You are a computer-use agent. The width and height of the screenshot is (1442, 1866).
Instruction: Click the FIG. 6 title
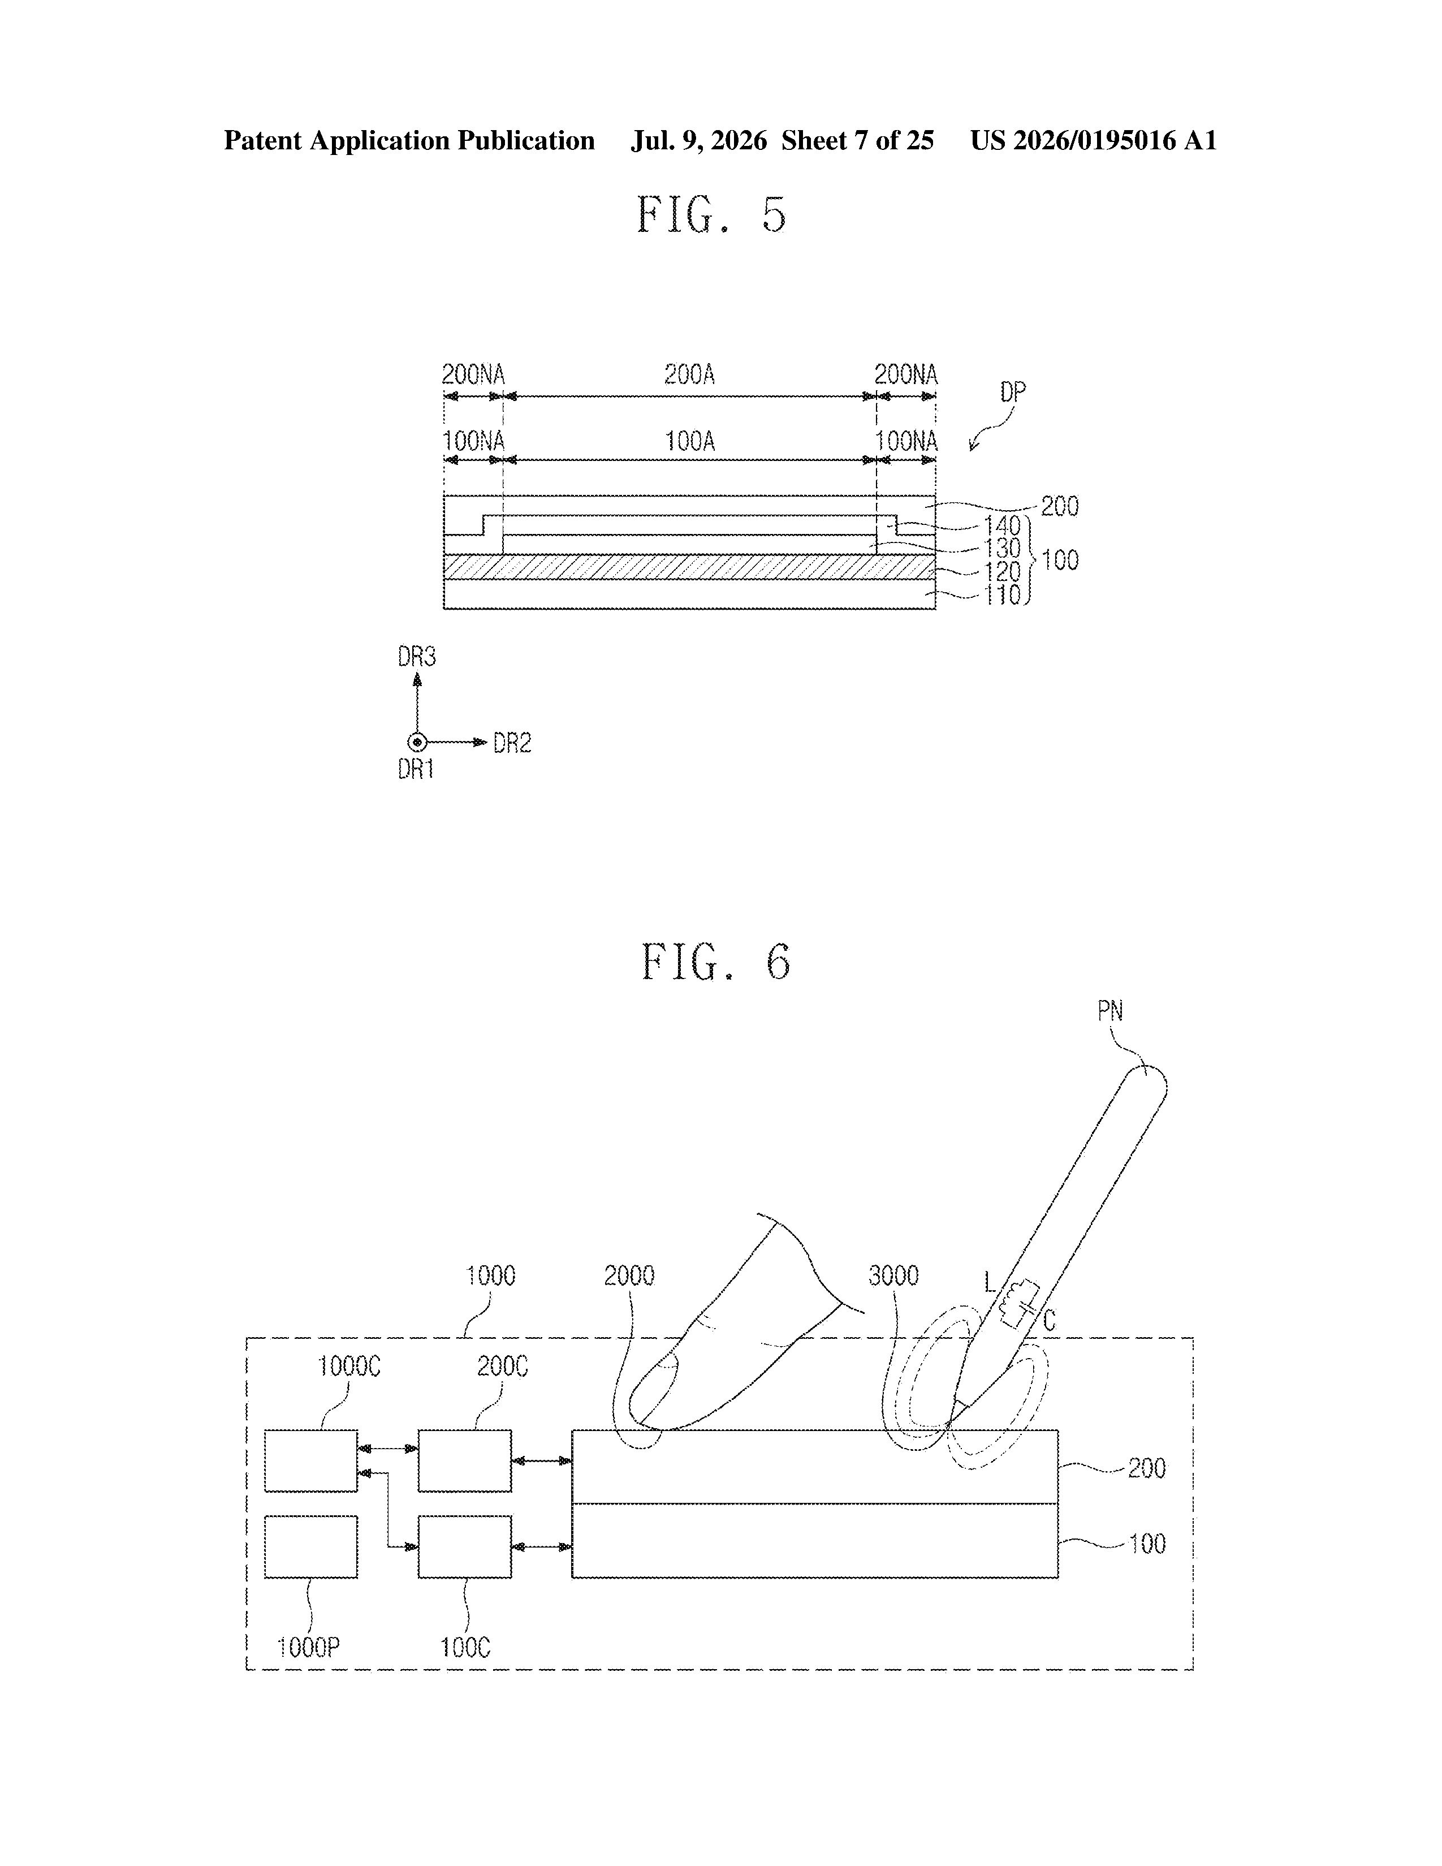click(716, 962)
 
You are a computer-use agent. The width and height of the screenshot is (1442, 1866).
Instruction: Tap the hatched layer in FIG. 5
click(689, 566)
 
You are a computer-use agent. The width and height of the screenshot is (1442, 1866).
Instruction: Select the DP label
click(1012, 393)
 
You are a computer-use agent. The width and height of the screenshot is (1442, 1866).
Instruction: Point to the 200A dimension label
click(689, 374)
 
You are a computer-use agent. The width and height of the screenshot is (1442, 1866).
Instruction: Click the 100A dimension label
click(689, 442)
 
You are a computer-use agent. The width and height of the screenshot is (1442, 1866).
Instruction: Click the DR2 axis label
click(512, 743)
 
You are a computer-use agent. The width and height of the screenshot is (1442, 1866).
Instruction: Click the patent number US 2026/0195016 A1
click(1094, 140)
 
